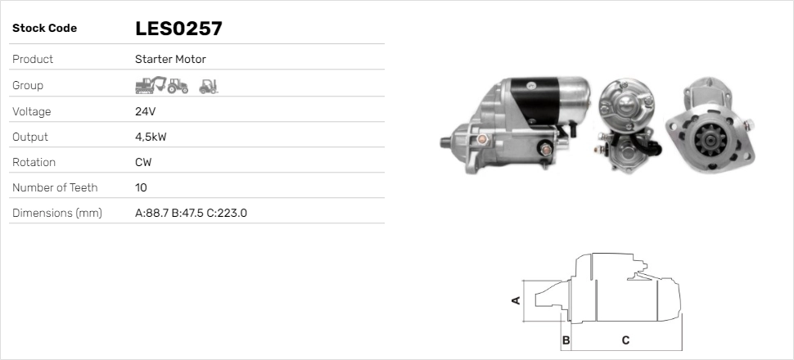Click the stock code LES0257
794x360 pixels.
coord(178,29)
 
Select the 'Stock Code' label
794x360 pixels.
coord(44,29)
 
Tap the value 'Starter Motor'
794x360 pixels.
coord(170,59)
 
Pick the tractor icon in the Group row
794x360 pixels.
coord(178,85)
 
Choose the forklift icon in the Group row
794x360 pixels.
coord(209,85)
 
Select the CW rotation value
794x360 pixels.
coord(143,162)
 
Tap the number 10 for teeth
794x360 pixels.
coord(141,187)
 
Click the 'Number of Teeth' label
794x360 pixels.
coord(55,187)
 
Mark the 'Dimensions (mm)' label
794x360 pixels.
coord(56,213)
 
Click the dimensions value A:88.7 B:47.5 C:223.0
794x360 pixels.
coord(191,213)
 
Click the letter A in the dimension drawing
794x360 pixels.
coord(516,299)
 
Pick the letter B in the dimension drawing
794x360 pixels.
coord(566,340)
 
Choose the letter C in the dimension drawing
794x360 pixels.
coord(625,340)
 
